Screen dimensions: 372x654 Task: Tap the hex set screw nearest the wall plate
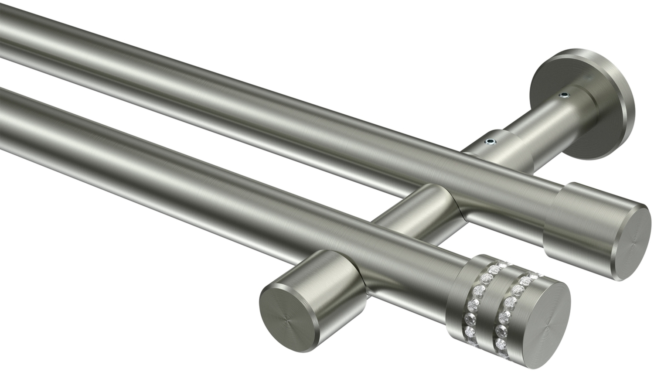point(565,94)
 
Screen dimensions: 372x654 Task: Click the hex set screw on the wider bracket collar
point(491,141)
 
